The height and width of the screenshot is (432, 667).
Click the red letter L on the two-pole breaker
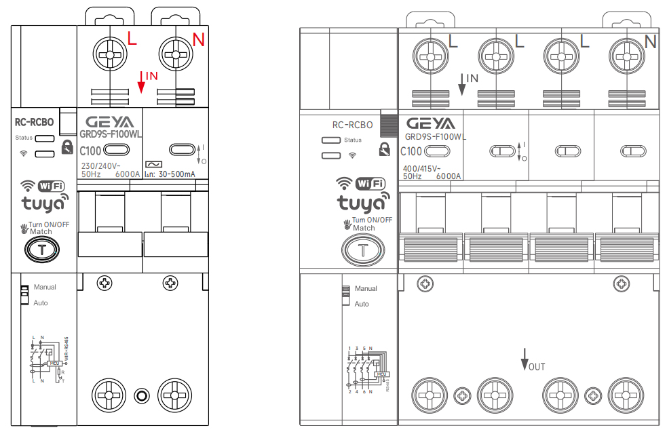coord(132,39)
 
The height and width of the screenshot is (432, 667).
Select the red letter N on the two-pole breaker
coord(198,40)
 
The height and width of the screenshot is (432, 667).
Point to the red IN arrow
coord(142,81)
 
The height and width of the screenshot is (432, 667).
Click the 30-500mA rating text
coord(176,174)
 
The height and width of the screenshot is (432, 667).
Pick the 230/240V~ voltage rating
coord(100,165)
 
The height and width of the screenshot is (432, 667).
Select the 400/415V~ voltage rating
coord(421,168)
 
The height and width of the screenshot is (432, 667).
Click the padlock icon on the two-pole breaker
coord(66,147)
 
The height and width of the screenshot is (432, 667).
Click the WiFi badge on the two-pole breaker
coord(53,186)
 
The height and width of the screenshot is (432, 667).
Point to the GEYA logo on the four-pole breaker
coord(430,123)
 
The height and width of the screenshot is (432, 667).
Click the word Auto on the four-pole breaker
coord(362,304)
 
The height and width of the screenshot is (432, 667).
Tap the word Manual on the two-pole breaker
coord(45,287)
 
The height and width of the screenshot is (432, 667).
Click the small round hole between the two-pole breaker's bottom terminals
coord(141,395)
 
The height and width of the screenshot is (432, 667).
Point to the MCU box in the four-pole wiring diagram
coord(382,374)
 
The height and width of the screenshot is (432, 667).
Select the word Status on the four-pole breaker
coord(353,140)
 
